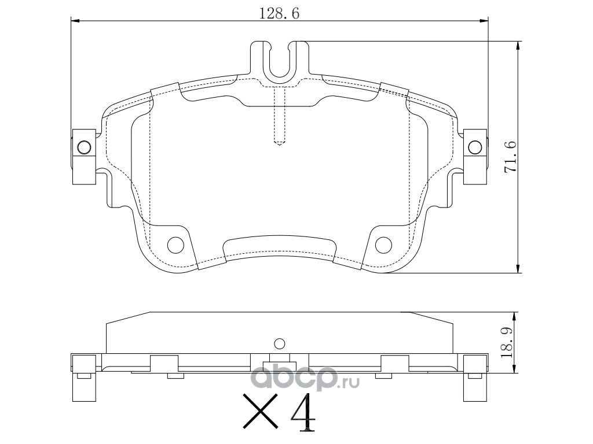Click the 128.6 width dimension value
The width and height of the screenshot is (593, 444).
[x=279, y=14]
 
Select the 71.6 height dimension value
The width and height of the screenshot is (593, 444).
[x=511, y=157]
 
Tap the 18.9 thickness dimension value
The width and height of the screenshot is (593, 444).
[x=507, y=342]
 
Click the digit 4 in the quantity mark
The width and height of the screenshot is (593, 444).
[x=302, y=413]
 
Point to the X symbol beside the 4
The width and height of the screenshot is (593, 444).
[x=260, y=412]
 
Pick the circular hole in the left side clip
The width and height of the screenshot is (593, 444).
[x=84, y=147]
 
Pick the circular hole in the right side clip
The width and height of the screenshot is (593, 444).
[x=475, y=147]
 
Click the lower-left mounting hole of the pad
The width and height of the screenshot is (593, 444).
[x=175, y=245]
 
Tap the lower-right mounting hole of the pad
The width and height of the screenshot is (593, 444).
[x=383, y=245]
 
